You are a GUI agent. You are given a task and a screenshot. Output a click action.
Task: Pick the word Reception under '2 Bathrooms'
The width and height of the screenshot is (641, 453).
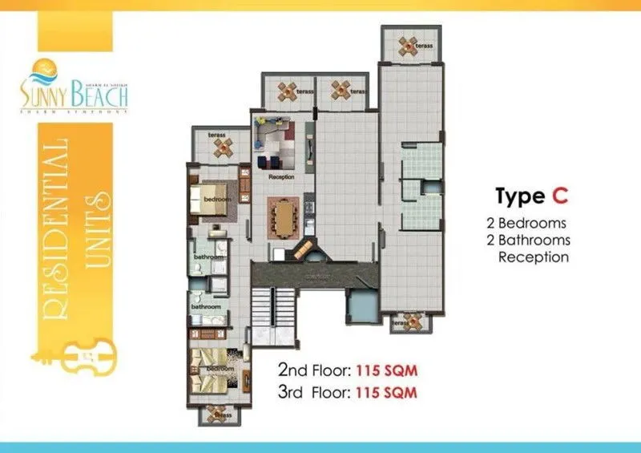(x=534, y=257)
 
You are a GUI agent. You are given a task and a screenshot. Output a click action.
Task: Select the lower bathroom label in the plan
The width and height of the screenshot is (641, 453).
(x=205, y=305)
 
